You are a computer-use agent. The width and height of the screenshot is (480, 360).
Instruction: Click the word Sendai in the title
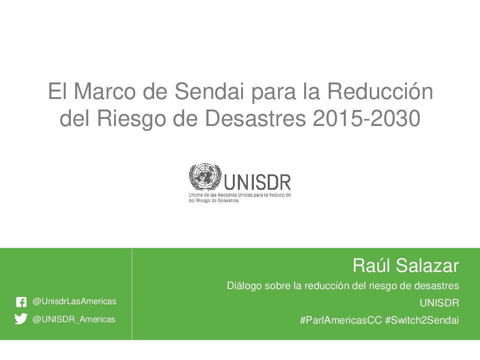tap(209, 91)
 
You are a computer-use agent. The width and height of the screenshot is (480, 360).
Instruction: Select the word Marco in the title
tap(105, 91)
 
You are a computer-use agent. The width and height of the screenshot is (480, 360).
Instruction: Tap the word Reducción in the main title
tap(380, 91)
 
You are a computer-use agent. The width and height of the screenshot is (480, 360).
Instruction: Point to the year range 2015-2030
tap(366, 118)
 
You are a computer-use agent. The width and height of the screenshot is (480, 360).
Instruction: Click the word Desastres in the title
tap(255, 118)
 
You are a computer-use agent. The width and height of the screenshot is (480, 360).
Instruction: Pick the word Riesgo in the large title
tap(131, 120)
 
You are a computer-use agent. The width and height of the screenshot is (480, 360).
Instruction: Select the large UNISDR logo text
tap(257, 182)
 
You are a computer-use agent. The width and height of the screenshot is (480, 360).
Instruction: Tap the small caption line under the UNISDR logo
tap(240, 198)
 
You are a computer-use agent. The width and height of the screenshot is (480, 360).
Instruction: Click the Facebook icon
tap(21, 302)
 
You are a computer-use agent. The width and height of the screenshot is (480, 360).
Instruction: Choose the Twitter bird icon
tap(21, 319)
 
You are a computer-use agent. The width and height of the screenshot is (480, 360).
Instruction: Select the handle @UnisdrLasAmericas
tap(74, 301)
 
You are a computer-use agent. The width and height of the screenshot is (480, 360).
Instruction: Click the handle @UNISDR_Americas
tap(74, 319)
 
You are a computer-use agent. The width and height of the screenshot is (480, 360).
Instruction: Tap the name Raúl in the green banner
tap(372, 265)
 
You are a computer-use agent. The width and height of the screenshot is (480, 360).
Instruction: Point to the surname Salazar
tap(427, 266)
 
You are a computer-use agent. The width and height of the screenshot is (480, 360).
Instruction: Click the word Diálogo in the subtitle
tap(244, 286)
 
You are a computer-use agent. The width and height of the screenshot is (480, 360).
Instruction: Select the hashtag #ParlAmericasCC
tap(341, 320)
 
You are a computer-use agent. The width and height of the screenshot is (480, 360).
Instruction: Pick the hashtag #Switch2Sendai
tap(422, 320)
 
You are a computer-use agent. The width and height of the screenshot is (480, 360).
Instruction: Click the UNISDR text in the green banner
tap(439, 303)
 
